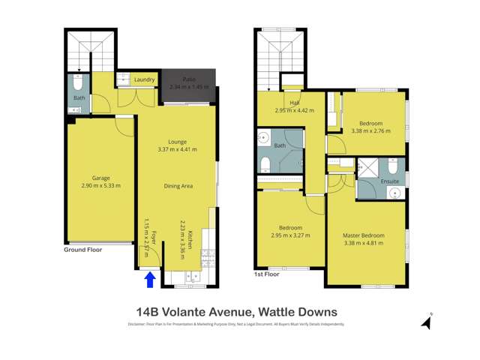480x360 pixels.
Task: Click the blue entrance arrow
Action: click(x=149, y=279)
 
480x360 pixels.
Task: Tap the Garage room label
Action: click(x=96, y=178)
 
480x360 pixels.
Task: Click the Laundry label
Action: click(x=143, y=79)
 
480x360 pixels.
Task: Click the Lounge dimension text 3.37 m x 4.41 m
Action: click(x=177, y=149)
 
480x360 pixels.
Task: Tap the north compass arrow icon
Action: click(x=427, y=322)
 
